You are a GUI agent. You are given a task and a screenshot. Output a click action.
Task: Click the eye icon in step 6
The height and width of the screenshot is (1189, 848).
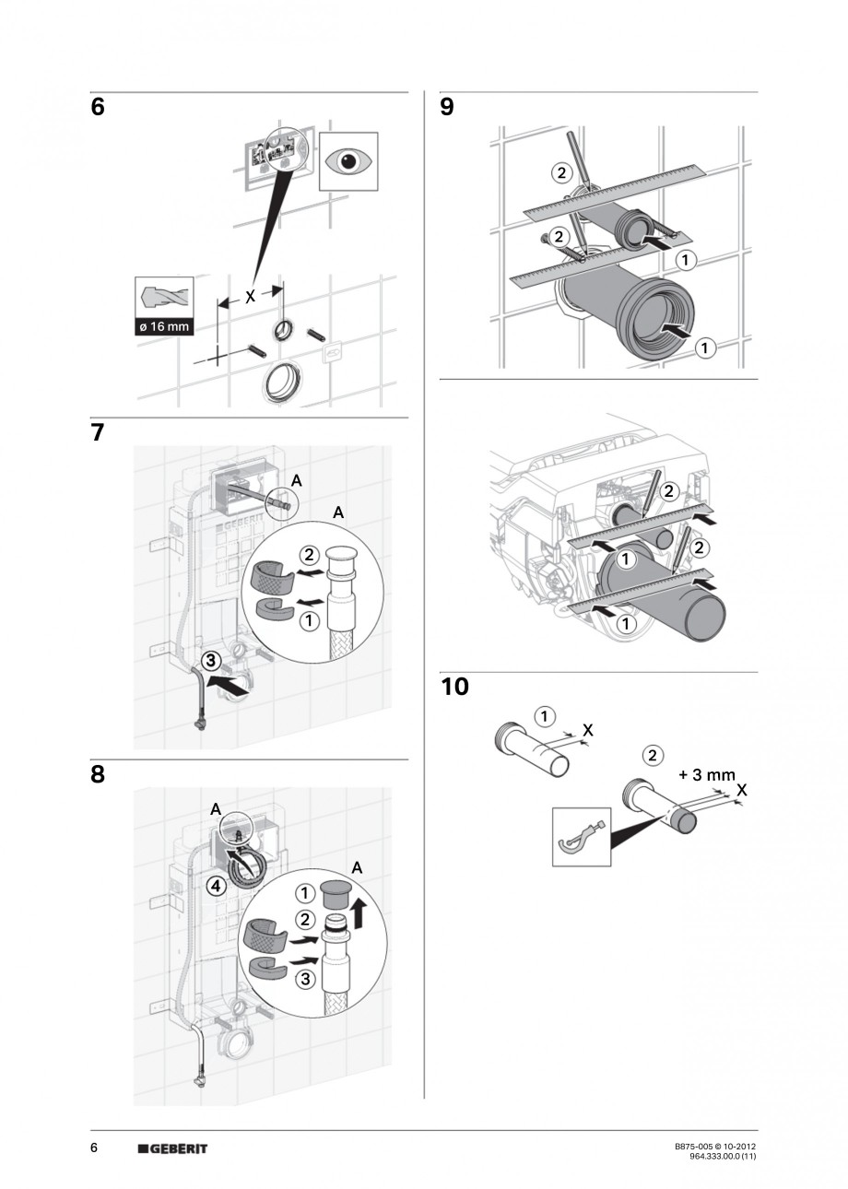point(348,161)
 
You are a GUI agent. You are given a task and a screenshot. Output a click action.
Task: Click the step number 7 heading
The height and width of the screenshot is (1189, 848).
point(98,433)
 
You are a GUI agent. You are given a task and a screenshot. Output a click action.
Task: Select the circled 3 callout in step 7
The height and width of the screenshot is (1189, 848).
point(211,660)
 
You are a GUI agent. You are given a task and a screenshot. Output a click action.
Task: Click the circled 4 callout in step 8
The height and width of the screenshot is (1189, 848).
point(215,886)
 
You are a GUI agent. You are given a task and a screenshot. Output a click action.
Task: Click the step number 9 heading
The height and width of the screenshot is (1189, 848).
point(447,108)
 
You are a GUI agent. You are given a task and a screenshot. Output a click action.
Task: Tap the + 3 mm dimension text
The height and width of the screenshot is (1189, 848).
point(703,775)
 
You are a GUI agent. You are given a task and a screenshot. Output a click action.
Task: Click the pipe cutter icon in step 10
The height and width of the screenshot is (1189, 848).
point(580,836)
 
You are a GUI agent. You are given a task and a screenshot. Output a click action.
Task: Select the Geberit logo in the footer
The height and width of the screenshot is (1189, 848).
point(172,1148)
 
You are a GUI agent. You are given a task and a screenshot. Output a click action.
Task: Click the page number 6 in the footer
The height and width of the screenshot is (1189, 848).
point(94,1148)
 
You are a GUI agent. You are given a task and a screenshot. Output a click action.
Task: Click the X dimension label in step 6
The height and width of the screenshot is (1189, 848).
point(250,297)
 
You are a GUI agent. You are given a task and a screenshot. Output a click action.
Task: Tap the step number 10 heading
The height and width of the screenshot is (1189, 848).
point(454,688)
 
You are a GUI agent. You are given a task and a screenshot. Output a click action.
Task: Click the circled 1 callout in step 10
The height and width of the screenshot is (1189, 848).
point(547,716)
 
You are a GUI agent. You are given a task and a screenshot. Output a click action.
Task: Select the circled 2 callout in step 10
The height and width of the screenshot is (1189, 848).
point(653,756)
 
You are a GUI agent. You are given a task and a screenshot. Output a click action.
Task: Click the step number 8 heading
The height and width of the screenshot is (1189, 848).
point(98,775)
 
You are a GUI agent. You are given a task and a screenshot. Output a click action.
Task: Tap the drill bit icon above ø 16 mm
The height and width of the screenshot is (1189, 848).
point(163,297)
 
